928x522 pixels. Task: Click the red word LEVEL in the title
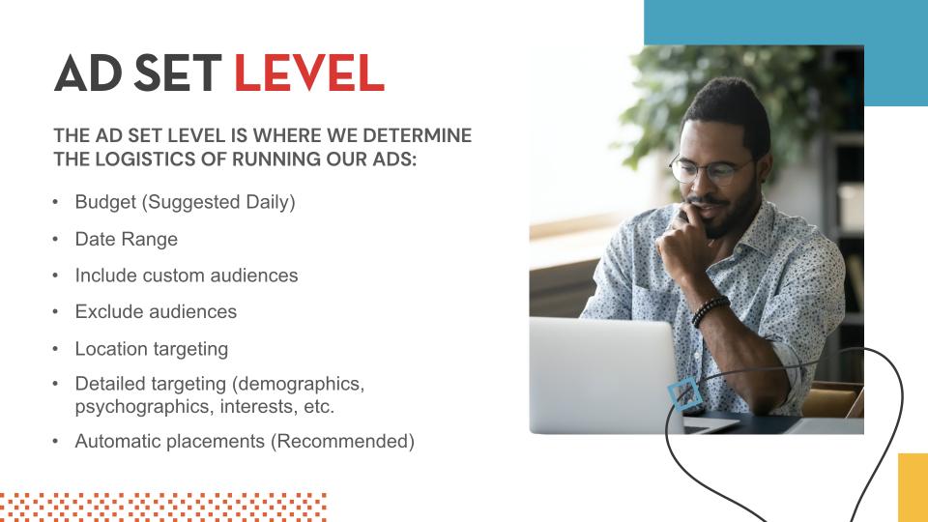309,72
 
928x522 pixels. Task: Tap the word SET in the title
178,72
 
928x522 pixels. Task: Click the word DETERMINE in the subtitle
418,135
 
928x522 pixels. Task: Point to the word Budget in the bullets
105,202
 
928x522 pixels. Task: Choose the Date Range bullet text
126,239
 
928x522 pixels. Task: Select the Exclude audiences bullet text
156,312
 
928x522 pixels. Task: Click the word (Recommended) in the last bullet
342,442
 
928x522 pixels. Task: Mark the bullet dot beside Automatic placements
56,441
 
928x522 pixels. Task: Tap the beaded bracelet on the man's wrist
710,310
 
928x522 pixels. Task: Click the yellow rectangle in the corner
913,487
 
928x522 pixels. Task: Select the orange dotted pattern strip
163,507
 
